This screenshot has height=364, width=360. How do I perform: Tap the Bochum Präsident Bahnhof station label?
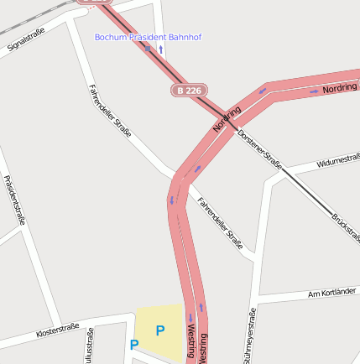pos(148,37)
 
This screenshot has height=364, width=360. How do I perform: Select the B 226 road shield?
pos(190,90)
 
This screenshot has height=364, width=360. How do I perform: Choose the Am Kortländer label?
pos(333,293)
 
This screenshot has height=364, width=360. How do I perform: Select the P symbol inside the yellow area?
pos(159,330)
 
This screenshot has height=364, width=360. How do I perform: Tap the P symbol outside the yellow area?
pos(133,344)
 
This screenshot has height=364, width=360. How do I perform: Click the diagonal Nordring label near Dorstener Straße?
pos(227,119)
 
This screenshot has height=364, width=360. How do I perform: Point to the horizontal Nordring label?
pos(340,87)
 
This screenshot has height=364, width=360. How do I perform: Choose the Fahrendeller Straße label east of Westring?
pos(220,223)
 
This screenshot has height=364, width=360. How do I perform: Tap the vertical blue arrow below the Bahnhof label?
pos(161,49)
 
